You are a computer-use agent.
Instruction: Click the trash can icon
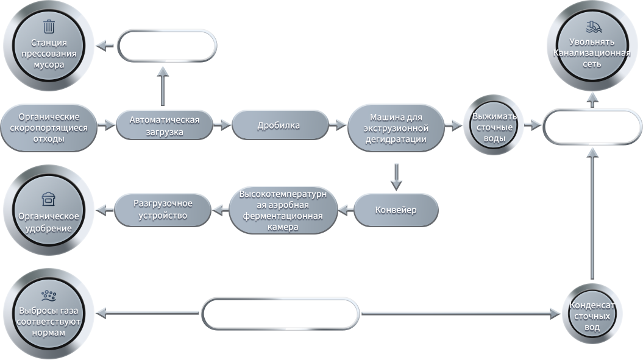pos(49,27)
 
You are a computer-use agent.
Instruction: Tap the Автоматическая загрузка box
pos(165,125)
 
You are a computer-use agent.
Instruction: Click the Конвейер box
pos(396,210)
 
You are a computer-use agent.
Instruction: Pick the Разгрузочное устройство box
pos(163,210)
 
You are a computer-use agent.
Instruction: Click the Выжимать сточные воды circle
pos(494,126)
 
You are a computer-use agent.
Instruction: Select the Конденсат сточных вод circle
pos(592,315)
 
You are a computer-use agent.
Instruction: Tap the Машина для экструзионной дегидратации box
pos(396,128)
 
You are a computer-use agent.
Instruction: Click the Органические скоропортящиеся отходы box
pos(48,128)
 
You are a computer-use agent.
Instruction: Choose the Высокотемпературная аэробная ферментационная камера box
pos(283,210)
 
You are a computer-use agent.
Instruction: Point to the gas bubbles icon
pos(49,295)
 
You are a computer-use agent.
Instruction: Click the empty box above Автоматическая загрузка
pos(167,46)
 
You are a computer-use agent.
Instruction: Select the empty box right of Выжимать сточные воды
pos(592,127)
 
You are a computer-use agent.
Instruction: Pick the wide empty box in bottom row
pos(281,314)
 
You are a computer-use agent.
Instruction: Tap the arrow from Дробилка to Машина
pos(338,125)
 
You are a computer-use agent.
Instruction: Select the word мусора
pos(49,65)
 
